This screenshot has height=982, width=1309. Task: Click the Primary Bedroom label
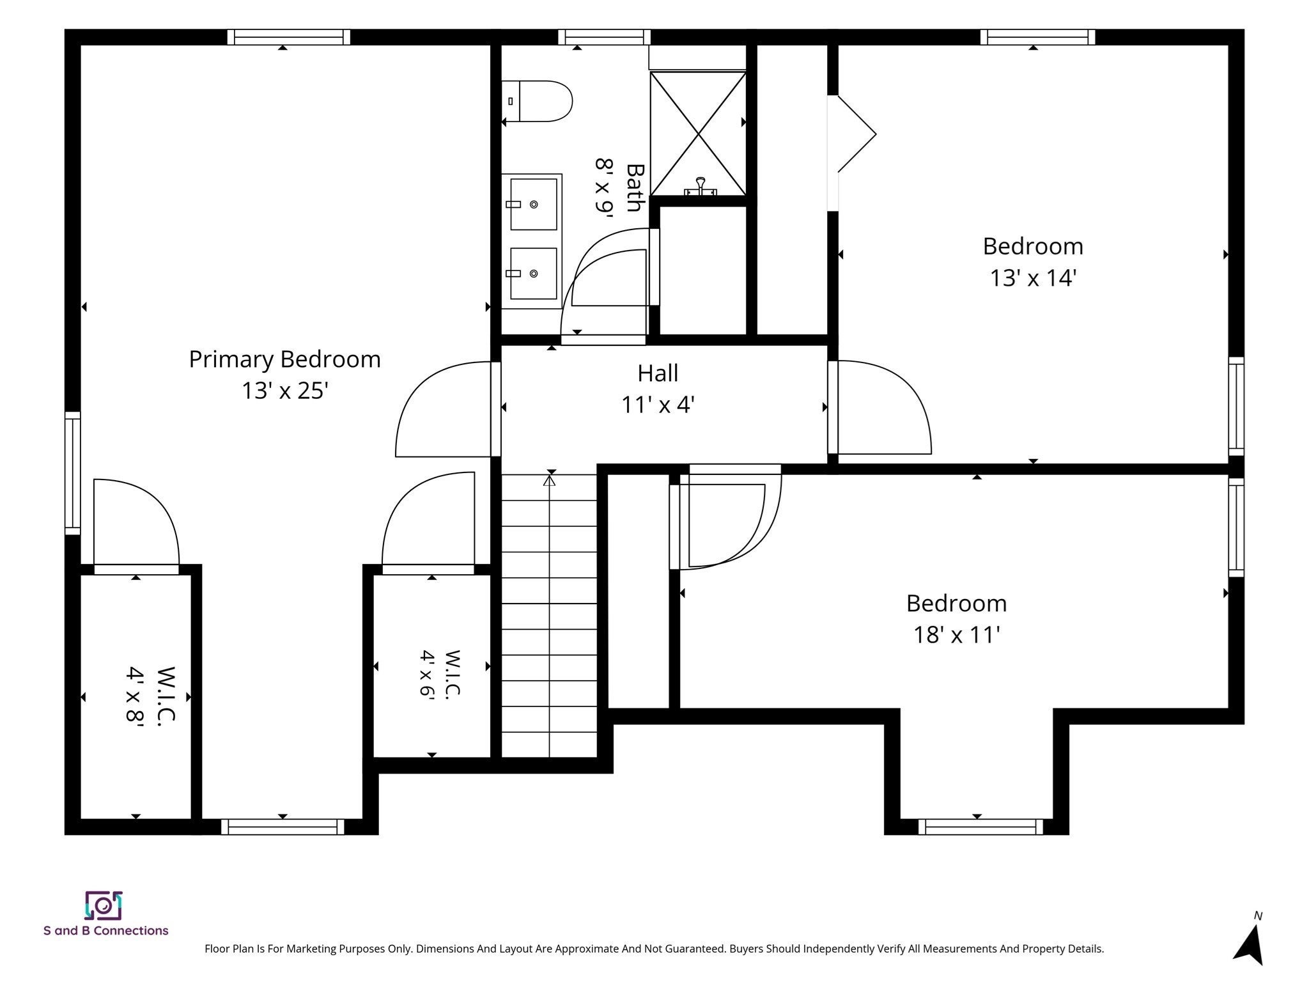click(284, 359)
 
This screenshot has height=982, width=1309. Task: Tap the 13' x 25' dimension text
click(284, 391)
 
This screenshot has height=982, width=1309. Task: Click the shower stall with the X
click(698, 134)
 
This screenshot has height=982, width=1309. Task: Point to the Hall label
click(658, 373)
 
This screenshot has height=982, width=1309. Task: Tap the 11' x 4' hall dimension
click(658, 405)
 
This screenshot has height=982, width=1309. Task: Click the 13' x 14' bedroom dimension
click(1033, 278)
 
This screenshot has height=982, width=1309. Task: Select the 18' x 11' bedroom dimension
click(956, 635)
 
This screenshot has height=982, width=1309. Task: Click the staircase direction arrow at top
click(550, 479)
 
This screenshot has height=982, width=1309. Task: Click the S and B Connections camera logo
click(104, 905)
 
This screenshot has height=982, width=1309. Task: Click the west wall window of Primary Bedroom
click(73, 473)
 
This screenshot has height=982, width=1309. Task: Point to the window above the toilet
click(604, 37)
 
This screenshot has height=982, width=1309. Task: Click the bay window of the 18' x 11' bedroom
click(980, 827)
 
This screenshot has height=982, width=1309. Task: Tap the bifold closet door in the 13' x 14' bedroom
click(853, 134)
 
